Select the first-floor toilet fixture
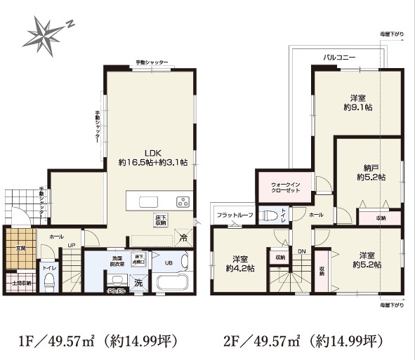point(50,282)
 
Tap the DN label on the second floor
point(301,251)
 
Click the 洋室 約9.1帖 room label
point(357,103)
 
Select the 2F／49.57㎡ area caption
point(304,342)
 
